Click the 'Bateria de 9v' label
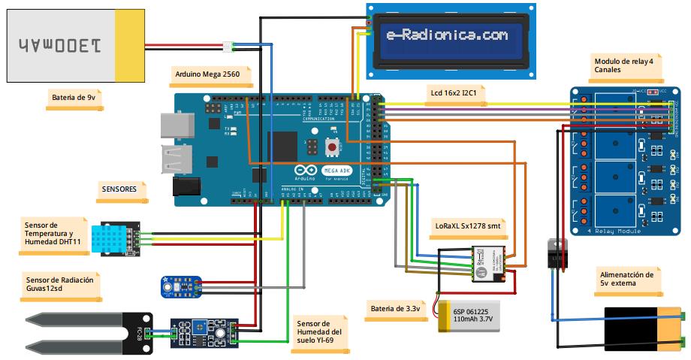(x=73, y=97)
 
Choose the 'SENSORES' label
(x=119, y=190)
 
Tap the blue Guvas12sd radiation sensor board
(x=180, y=286)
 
